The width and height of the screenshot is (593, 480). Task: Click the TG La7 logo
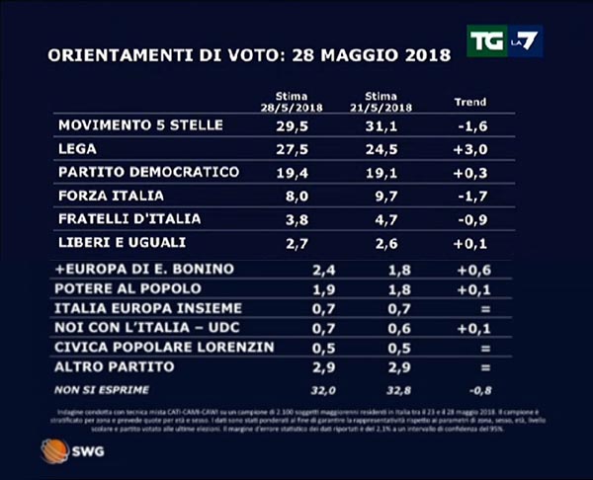[504, 41]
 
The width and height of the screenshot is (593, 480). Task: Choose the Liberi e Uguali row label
[122, 242]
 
